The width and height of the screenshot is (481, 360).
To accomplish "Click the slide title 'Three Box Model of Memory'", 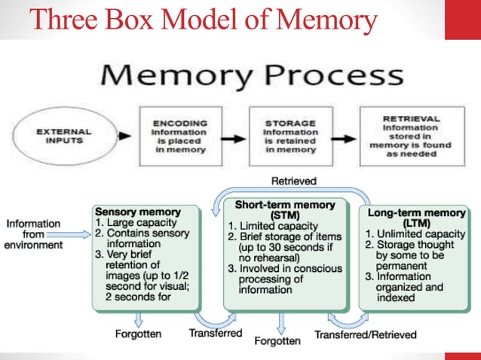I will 202,20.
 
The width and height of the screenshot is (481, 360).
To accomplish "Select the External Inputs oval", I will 64,136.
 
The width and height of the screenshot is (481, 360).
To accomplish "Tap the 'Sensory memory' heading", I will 138,212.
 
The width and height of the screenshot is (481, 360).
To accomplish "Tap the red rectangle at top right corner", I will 462,20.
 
